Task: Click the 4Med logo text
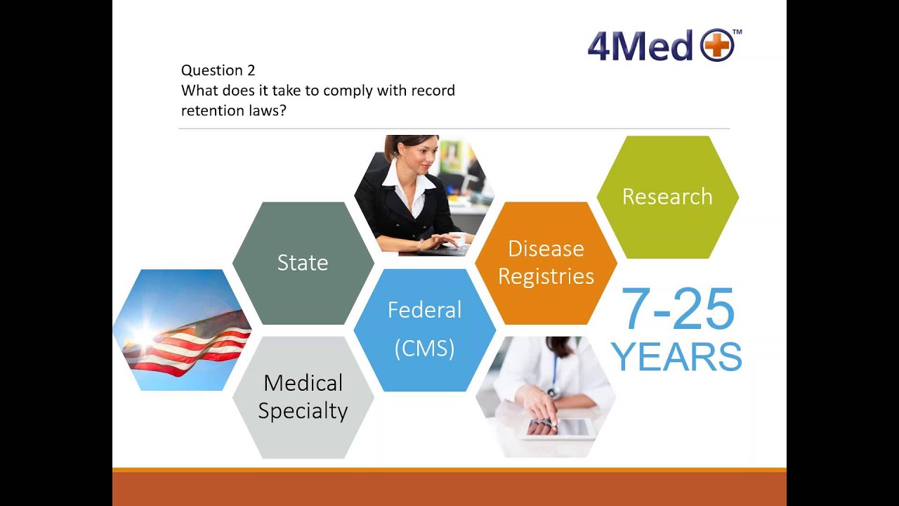tap(640, 46)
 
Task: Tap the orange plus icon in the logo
tap(717, 46)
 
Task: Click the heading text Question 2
tap(218, 70)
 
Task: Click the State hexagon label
tap(303, 262)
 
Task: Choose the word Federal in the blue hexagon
tap(424, 310)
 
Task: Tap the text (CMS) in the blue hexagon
tap(424, 348)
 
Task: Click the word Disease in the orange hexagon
tap(546, 249)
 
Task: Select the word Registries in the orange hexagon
tap(546, 276)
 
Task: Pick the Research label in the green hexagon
tap(667, 197)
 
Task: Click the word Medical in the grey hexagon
tap(303, 383)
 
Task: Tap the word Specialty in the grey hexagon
tap(303, 411)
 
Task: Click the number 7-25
tap(678, 309)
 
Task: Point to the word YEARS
tap(676, 357)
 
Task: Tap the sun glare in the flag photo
tap(144, 336)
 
